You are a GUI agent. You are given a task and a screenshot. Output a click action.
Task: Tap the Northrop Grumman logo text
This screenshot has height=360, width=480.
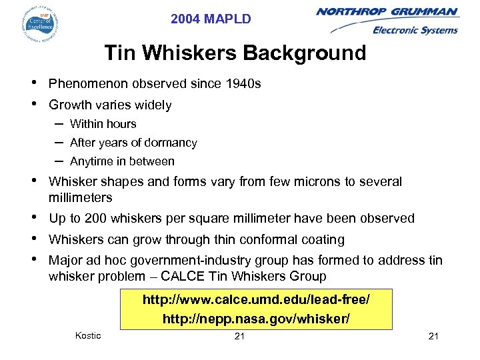coord(387,12)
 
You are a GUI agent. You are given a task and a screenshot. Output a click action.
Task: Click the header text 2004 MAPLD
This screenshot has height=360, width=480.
coord(211,19)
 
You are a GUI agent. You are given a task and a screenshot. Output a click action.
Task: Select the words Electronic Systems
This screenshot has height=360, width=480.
coord(415,30)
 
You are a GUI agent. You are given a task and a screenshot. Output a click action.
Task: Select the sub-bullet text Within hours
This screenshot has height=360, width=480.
coord(103,124)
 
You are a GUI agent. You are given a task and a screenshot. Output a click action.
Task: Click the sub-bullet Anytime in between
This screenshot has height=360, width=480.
coord(122,161)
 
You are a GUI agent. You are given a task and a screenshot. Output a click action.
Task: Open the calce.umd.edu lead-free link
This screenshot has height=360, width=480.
coord(255,300)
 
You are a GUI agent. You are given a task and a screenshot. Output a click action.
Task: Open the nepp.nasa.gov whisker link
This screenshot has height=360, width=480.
coord(255,319)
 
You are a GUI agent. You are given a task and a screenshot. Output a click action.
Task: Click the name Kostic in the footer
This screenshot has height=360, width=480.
coord(88,335)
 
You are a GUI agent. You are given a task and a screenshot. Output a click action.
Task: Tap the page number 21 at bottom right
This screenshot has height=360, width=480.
coord(433,336)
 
